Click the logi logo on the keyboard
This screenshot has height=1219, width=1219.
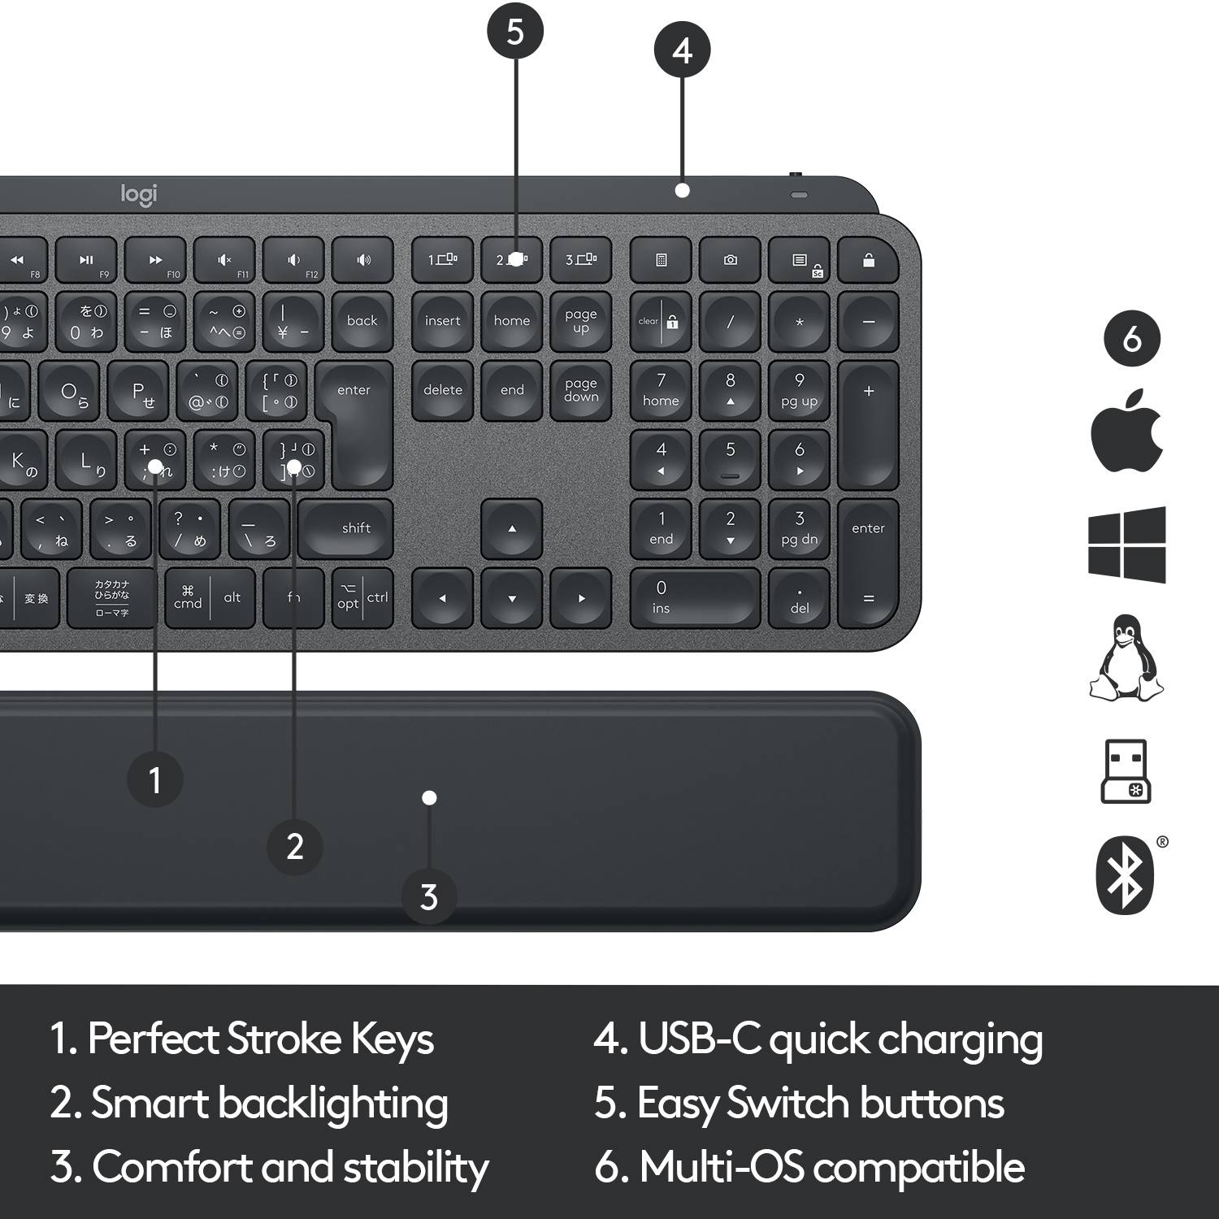tap(139, 195)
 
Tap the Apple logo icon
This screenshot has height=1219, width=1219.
tap(1126, 432)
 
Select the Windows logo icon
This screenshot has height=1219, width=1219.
tap(1127, 544)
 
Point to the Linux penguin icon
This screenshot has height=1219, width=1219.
tap(1126, 658)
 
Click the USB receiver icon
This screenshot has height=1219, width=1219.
tap(1126, 772)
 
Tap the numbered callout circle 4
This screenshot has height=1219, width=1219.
tap(682, 50)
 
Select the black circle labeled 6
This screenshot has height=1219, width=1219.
tap(1131, 339)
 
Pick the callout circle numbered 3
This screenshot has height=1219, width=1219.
tap(429, 897)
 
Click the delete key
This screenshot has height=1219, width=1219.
tap(443, 391)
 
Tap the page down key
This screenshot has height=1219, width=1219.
tap(581, 391)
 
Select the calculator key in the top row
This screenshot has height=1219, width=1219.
tap(661, 260)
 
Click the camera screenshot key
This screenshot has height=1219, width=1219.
tap(730, 260)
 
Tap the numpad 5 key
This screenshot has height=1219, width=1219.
tap(730, 459)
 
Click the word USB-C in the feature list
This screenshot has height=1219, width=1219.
tap(699, 1039)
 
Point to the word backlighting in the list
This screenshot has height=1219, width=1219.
tap(333, 1104)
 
